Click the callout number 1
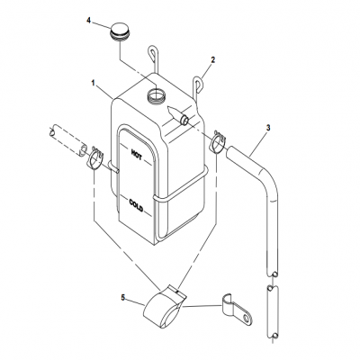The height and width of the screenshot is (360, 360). click(x=93, y=83)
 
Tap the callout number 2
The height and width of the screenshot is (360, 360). click(x=213, y=60)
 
